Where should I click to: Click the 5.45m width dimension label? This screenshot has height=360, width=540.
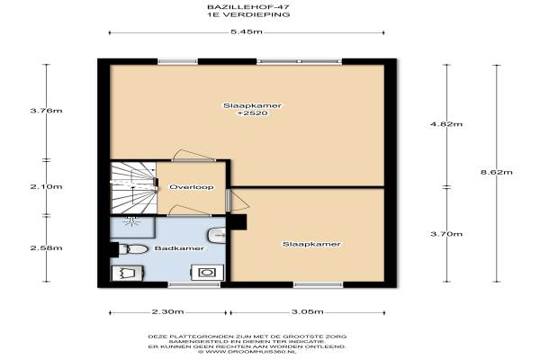247,32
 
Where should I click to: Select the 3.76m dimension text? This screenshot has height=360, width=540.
46,111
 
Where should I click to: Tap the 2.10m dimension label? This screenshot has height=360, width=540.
46,186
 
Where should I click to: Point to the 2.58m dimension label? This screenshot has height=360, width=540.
46,248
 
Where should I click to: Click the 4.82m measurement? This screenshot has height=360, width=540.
446,124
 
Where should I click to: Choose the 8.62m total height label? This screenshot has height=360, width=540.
496,172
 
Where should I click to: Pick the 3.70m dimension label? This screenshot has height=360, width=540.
446,234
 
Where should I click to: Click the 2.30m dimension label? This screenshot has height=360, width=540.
167,312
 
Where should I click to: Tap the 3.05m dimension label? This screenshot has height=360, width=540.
307,312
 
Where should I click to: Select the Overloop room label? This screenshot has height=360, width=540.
192,187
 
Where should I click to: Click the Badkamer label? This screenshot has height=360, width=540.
179,248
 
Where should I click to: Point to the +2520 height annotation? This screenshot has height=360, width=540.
252,113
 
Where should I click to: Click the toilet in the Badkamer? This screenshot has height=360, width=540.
133,249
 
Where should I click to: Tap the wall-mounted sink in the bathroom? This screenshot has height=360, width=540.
217,236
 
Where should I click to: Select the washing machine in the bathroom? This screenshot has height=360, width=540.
208,273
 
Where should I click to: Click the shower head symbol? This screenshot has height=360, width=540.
131,220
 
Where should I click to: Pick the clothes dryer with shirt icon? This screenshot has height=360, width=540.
128,273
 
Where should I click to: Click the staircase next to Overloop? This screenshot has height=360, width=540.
133,188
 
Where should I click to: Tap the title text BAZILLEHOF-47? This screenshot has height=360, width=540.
248,7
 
